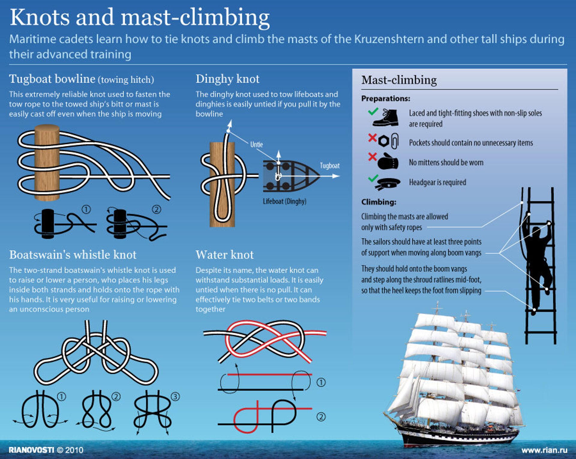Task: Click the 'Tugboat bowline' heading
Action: [x=52, y=79]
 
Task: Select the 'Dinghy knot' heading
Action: [x=227, y=79]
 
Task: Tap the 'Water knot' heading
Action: [x=225, y=255]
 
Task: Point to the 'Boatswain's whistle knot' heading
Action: [x=73, y=255]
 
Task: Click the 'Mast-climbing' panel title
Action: [x=399, y=80]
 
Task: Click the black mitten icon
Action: [x=388, y=161]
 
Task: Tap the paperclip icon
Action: [x=394, y=141]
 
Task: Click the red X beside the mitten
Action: [x=372, y=157]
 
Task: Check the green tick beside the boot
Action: [x=373, y=111]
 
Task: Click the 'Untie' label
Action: [x=256, y=145]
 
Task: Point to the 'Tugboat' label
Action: [x=330, y=166]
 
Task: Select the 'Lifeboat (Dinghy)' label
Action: [x=285, y=201]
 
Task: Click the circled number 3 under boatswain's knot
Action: [x=175, y=397]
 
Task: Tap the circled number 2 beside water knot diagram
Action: [x=321, y=417]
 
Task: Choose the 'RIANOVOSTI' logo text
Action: [x=31, y=450]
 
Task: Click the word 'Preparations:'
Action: [x=385, y=98]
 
